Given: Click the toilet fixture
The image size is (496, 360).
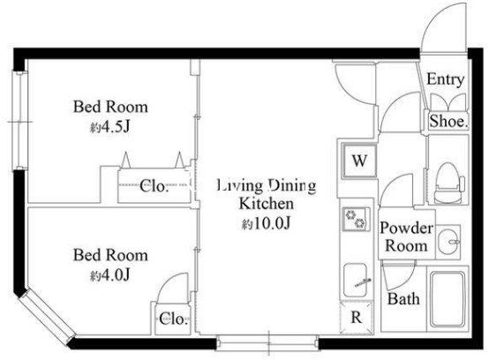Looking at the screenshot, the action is pos(449,183).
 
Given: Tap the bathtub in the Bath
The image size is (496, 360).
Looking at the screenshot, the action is pos(447,299).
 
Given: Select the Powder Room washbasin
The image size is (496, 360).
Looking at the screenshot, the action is pos(448,242).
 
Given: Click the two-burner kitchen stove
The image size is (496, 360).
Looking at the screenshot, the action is pos(356,219).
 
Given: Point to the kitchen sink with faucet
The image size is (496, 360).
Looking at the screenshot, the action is pos(357,281).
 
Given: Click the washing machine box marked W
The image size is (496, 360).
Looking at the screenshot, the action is pos(359,161).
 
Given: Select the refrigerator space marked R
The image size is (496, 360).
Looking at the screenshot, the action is pos(357,318).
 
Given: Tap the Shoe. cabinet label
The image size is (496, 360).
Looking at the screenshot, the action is pos(448,121).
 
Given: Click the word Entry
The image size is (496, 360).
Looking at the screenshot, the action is pos(446,79).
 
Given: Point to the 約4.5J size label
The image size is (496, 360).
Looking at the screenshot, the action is pos(110,127).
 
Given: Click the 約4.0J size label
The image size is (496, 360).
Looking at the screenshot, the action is pos(110,275).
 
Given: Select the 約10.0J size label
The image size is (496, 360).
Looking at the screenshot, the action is pos(266,223).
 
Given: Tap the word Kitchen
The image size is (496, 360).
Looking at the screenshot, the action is pos(267,204).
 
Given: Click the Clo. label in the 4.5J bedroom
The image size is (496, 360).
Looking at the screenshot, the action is pos(154,186).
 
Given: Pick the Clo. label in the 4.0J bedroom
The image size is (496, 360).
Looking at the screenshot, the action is pos(174,319).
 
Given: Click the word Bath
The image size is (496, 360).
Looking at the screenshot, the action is pos(403,298).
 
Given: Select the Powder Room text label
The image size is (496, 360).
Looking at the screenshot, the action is pos(407,236).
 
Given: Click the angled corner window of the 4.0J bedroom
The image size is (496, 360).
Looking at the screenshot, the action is pos(47,317).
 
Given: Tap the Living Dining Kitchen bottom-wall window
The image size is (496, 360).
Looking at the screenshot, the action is pos(267,342).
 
